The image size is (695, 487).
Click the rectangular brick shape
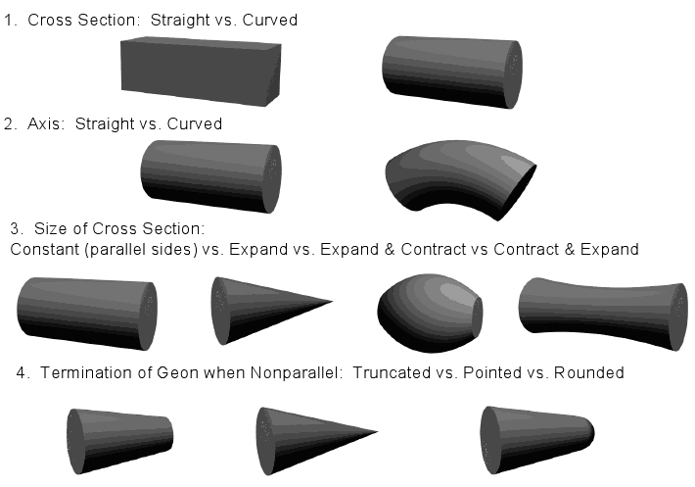click(x=201, y=72)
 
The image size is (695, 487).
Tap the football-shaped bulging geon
click(x=430, y=313)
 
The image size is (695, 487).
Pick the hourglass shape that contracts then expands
click(x=603, y=313)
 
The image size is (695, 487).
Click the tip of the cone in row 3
click(x=333, y=302)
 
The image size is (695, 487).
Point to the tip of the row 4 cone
click(x=378, y=431)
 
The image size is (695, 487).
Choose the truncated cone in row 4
click(x=119, y=441)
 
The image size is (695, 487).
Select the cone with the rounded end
click(x=536, y=440)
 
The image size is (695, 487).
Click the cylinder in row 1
click(x=452, y=72)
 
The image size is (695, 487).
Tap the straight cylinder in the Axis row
click(x=211, y=176)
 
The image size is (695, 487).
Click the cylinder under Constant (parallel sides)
click(x=87, y=314)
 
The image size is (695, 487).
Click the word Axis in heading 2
click(x=43, y=123)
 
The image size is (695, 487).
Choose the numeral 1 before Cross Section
click(x=9, y=20)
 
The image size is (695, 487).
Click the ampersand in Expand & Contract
click(x=390, y=249)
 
